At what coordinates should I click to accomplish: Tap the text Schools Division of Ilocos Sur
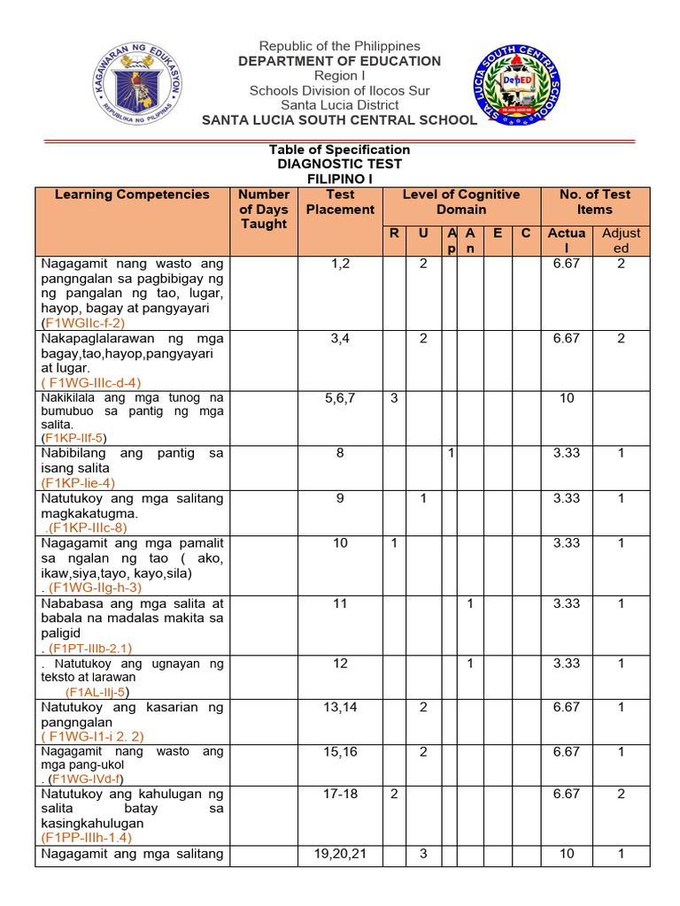click(337, 90)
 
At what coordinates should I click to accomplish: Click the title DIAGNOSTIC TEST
click(339, 164)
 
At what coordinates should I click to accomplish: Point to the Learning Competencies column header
click(132, 195)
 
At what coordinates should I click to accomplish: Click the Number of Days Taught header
click(264, 209)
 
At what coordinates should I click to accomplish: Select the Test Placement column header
click(340, 202)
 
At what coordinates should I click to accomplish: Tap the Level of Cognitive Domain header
click(460, 202)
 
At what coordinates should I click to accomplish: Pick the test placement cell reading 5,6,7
click(340, 398)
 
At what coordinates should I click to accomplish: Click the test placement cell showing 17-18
click(340, 794)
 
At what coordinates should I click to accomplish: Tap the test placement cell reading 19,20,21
click(340, 854)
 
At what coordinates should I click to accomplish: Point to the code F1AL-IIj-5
click(97, 692)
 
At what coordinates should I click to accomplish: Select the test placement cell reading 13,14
click(340, 707)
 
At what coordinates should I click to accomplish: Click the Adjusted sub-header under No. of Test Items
click(621, 241)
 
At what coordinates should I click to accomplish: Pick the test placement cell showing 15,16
click(340, 751)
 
